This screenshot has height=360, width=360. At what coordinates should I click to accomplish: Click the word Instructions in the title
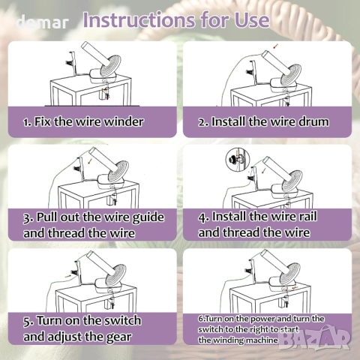click(x=139, y=20)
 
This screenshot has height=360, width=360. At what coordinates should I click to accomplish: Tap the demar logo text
click(x=42, y=22)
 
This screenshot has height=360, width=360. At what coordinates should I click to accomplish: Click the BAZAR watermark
click(x=315, y=338)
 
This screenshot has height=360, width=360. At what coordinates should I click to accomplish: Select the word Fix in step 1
click(x=43, y=121)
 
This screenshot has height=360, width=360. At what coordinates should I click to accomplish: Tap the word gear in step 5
click(x=118, y=337)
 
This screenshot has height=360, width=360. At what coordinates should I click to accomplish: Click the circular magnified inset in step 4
click(x=238, y=160)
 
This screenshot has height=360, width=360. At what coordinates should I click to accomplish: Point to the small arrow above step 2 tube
click(x=275, y=46)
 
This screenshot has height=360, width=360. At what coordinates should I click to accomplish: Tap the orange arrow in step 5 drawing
click(x=67, y=276)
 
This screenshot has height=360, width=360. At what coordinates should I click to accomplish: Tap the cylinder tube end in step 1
click(x=86, y=46)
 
